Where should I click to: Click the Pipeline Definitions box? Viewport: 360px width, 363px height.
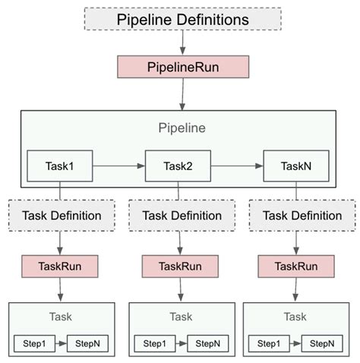pyautogui.click(x=181, y=19)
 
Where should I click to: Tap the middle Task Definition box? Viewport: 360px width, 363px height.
pyautogui.click(x=179, y=215)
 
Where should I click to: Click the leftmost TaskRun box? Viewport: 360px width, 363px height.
pyautogui.click(x=60, y=267)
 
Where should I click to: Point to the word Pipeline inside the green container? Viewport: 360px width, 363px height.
pyautogui.click(x=181, y=128)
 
